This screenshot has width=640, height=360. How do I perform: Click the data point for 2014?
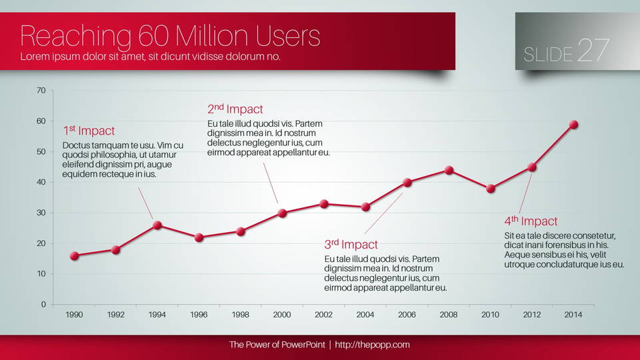573,125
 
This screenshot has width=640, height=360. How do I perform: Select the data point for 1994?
157,225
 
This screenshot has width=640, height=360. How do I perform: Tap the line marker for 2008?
449,170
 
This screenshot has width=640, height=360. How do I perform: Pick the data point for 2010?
491,189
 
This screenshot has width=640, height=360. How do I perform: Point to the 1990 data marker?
74,255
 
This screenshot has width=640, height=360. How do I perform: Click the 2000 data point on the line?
282,213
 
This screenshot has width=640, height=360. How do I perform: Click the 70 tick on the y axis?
41,91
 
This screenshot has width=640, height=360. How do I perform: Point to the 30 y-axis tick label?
41,213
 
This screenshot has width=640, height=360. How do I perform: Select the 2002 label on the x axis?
323,315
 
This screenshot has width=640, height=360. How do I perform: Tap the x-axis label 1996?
199,315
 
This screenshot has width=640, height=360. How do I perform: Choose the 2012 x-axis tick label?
531,315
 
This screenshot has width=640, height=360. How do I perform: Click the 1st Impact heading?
89,131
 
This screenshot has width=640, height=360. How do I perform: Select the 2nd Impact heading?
235,109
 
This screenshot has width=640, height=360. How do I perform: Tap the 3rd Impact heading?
351,245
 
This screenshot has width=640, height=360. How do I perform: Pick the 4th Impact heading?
531,221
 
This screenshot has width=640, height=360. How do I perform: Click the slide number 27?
593,50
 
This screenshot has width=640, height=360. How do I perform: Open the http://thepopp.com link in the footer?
372,345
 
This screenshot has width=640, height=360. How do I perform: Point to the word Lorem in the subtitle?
36,57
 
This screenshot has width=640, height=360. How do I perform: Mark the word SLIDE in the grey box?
548,55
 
